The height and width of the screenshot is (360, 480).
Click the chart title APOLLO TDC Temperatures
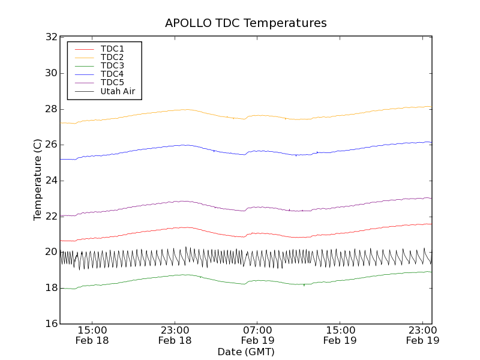[x=246, y=23]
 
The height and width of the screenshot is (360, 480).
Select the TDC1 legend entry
[x=112, y=49]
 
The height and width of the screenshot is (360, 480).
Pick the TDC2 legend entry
[x=112, y=57]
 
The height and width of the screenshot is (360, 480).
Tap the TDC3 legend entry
[x=112, y=65]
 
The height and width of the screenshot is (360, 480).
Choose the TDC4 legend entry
[x=112, y=74]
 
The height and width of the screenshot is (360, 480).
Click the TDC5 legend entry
[x=112, y=82]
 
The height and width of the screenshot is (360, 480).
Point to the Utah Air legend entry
[x=118, y=91]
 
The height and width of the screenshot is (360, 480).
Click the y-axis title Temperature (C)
[x=38, y=180]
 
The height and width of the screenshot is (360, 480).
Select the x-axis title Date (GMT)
[x=246, y=352]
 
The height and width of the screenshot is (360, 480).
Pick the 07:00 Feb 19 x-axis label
[x=257, y=335]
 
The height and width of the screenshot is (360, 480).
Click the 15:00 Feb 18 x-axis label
[x=92, y=335]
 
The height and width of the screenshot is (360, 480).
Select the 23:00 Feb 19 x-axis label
[x=422, y=335]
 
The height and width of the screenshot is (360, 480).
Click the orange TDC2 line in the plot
[x=300, y=119]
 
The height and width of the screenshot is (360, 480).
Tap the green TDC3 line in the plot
[x=300, y=284]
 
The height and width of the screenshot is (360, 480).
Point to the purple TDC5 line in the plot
[x=300, y=211]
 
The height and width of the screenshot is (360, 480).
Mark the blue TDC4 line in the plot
[x=300, y=155]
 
